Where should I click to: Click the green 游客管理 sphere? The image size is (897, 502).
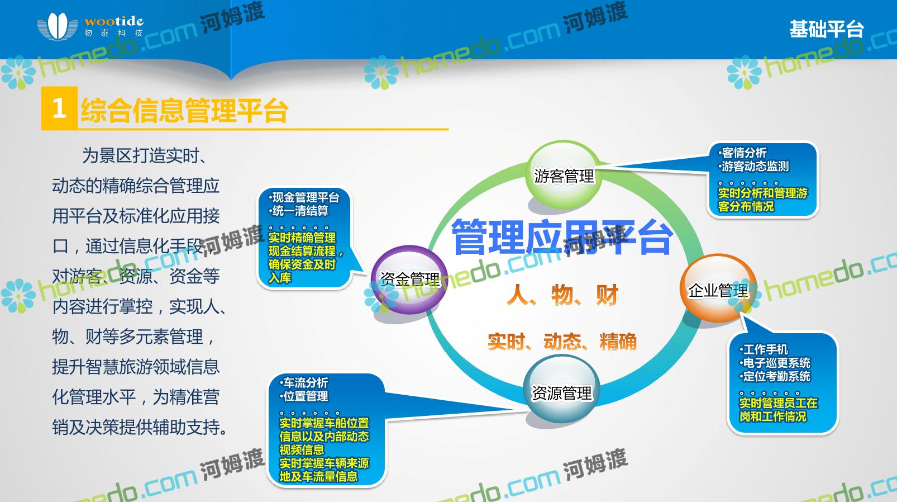click(564, 174)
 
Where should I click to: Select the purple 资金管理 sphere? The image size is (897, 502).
click(409, 280)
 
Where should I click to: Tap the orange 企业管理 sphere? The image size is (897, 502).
click(718, 288)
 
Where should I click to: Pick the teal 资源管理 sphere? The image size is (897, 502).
click(561, 390)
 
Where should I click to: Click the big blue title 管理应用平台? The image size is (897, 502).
click(562, 237)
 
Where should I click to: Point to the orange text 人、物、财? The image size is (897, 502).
click(562, 295)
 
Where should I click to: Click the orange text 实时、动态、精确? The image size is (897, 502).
click(562, 342)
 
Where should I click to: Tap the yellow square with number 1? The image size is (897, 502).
click(59, 108)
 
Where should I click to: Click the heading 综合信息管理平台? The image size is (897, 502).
click(184, 110)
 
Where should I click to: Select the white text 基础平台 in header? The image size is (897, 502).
click(827, 29)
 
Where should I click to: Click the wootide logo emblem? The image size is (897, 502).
click(58, 26)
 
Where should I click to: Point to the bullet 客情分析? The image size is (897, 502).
click(742, 153)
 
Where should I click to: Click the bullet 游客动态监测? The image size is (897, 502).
click(753, 166)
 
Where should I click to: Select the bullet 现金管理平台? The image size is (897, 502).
click(304, 197)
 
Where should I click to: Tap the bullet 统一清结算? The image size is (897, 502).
click(298, 211)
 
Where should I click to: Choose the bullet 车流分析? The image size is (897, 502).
click(304, 382)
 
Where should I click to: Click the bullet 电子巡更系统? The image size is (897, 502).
click(775, 363)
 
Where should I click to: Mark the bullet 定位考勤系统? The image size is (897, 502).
click(775, 377)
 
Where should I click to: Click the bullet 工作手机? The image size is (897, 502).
click(764, 349)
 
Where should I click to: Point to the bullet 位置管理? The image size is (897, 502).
click(304, 396)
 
